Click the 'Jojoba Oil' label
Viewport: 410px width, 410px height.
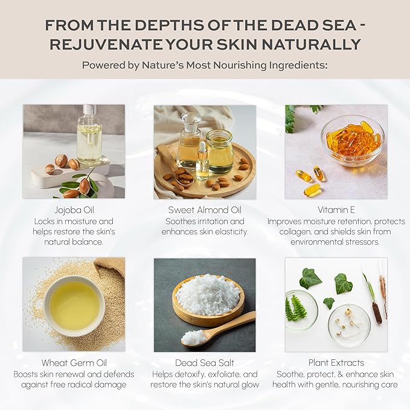[x=74, y=210]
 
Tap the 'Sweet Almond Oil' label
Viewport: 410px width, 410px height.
[x=205, y=210]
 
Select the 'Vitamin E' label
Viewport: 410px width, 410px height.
[x=336, y=210]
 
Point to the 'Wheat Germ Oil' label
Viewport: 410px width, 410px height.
[x=74, y=363]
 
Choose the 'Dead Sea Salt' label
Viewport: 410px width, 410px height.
[x=205, y=363]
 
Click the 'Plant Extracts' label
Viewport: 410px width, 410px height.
[x=336, y=363]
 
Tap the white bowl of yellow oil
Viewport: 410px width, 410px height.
[x=74, y=306]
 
